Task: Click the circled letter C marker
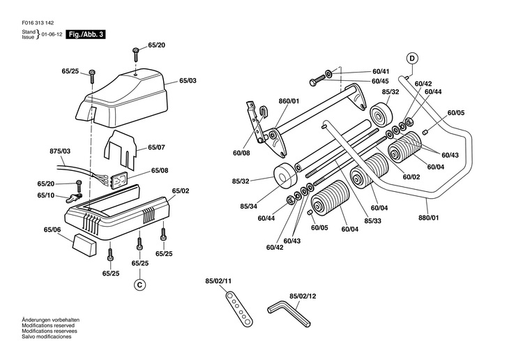139,285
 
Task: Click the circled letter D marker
412,58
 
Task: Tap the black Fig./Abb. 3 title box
86,34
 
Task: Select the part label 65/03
188,80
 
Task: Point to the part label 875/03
60,151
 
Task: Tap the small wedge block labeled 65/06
84,245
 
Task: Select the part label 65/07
156,147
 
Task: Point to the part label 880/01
429,218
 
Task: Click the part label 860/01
289,101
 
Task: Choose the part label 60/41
381,71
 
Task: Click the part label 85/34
249,207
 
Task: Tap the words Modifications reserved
48,326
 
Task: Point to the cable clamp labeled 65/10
75,197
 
